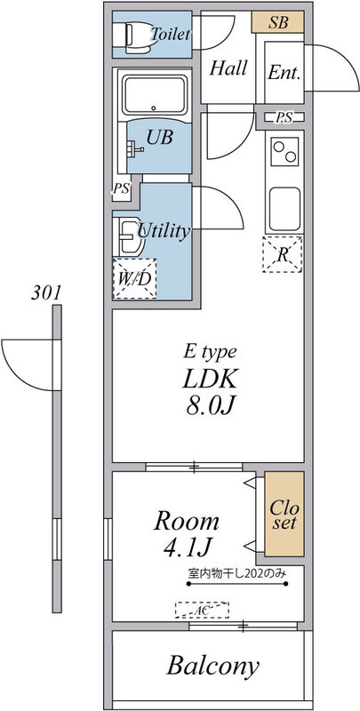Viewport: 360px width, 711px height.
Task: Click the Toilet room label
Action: pos(171,34)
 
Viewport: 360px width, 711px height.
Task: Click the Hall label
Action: pos(228,68)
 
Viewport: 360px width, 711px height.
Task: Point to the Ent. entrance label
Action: pos(284,73)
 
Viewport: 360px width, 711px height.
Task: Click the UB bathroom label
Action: pos(159,138)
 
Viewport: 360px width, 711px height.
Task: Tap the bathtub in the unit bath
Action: pos(155,94)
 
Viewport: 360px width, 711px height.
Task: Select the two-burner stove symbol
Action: pos(284,151)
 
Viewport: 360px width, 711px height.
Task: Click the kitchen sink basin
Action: pos(284,209)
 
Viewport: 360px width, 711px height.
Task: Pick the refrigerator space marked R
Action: pos(282,254)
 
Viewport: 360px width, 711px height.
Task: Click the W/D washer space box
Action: pos(134,279)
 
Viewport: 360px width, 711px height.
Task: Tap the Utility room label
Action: pos(164,232)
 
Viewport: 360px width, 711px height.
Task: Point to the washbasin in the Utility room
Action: pos(130,236)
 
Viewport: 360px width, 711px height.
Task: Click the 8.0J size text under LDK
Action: pos(210,407)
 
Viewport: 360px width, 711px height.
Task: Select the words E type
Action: pos(210,352)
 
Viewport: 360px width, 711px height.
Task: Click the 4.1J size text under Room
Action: pos(186,547)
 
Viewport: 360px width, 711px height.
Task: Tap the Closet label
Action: pos(284,515)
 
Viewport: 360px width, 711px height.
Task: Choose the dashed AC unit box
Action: pos(202,610)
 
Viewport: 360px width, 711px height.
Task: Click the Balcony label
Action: pos(213,666)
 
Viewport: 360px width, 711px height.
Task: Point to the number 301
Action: pos(45,293)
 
